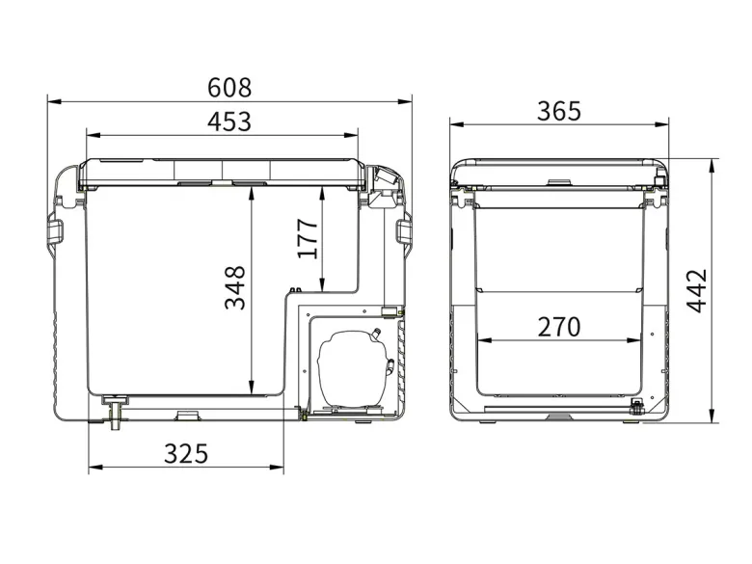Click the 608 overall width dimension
click(x=229, y=88)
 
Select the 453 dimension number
click(x=229, y=121)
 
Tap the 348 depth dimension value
click(x=235, y=287)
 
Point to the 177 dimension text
click(x=308, y=238)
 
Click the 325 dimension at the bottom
click(x=186, y=454)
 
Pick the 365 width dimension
click(x=559, y=111)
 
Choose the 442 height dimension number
click(x=697, y=290)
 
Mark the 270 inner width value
click(x=559, y=327)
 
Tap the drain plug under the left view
click(x=115, y=412)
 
